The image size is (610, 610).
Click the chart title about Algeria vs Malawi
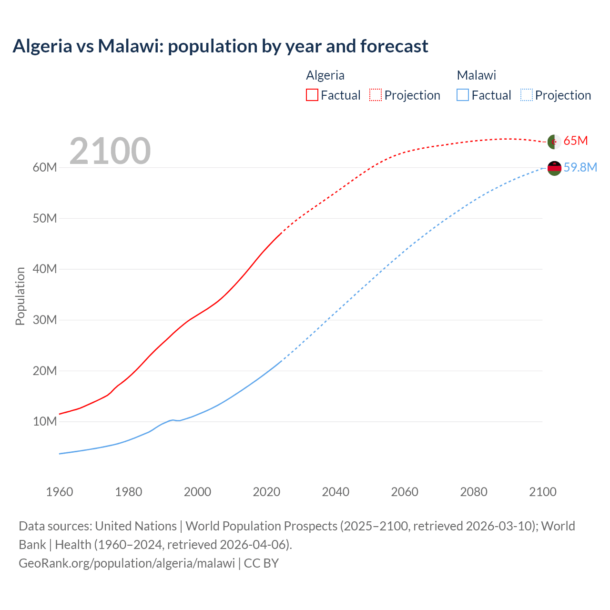click(220, 46)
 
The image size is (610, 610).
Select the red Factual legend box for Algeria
click(312, 95)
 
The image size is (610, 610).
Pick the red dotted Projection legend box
click(376, 95)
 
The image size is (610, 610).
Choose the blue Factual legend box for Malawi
click(463, 95)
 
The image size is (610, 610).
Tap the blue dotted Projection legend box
click(526, 95)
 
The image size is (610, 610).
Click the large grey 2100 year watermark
click(110, 151)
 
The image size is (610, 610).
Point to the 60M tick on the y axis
click(45, 168)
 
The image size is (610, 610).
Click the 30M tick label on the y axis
click(45, 320)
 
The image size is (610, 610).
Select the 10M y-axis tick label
click(45, 422)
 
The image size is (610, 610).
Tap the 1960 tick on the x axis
click(60, 492)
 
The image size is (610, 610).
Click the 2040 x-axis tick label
click(335, 492)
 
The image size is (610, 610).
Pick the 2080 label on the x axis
click(474, 492)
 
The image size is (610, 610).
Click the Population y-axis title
click(20, 296)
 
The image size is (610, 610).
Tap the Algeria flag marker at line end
click(554, 142)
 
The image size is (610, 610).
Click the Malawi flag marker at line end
click(554, 168)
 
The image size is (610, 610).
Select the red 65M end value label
click(576, 141)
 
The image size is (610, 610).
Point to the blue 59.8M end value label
click(580, 168)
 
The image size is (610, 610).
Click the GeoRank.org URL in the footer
click(127, 563)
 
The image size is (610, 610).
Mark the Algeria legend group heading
click(325, 75)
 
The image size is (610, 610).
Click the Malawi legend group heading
click(477, 75)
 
